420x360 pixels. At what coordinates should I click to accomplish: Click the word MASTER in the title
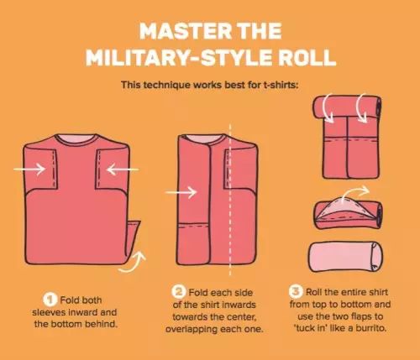pyautogui.click(x=186, y=30)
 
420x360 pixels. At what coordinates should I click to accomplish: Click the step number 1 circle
pyautogui.click(x=50, y=300)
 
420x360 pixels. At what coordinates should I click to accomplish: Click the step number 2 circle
pyautogui.click(x=178, y=291)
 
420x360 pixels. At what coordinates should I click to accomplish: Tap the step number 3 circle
pyautogui.click(x=296, y=291)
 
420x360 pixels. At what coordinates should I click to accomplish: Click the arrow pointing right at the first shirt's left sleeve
pyautogui.click(x=29, y=169)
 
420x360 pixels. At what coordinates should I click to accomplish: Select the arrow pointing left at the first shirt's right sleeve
pyautogui.click(x=123, y=170)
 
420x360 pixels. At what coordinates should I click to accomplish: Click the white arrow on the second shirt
pyautogui.click(x=181, y=192)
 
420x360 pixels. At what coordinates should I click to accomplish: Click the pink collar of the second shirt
pyautogui.click(x=204, y=139)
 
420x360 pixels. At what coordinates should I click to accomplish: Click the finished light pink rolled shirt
pyautogui.click(x=345, y=258)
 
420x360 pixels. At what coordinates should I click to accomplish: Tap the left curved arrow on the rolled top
pyautogui.click(x=328, y=107)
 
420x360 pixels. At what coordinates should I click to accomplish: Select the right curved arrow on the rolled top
pyautogui.click(x=361, y=107)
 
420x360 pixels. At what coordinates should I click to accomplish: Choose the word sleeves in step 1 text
pyautogui.click(x=48, y=312)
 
